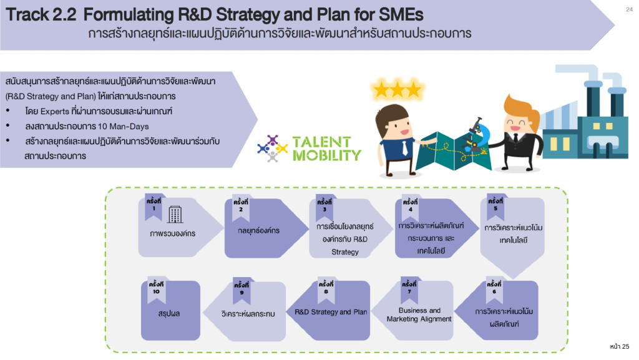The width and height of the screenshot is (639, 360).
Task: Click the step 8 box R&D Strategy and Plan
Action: point(331,311)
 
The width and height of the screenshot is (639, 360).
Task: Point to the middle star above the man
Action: point(396,89)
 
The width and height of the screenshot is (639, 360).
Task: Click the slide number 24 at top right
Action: point(628,9)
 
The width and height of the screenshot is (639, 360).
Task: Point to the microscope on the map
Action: point(475,134)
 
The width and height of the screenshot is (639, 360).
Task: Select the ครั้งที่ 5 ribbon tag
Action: point(495,205)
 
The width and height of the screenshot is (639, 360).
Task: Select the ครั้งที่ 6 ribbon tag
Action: point(494,288)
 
